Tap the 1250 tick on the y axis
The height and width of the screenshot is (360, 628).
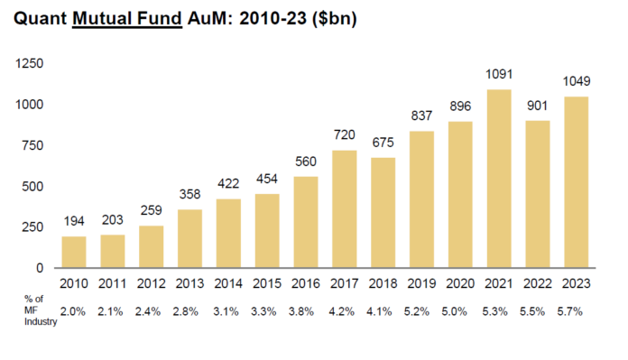click(x=31, y=64)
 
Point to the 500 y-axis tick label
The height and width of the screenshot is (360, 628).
click(x=34, y=186)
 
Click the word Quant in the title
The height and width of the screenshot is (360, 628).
click(x=42, y=20)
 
